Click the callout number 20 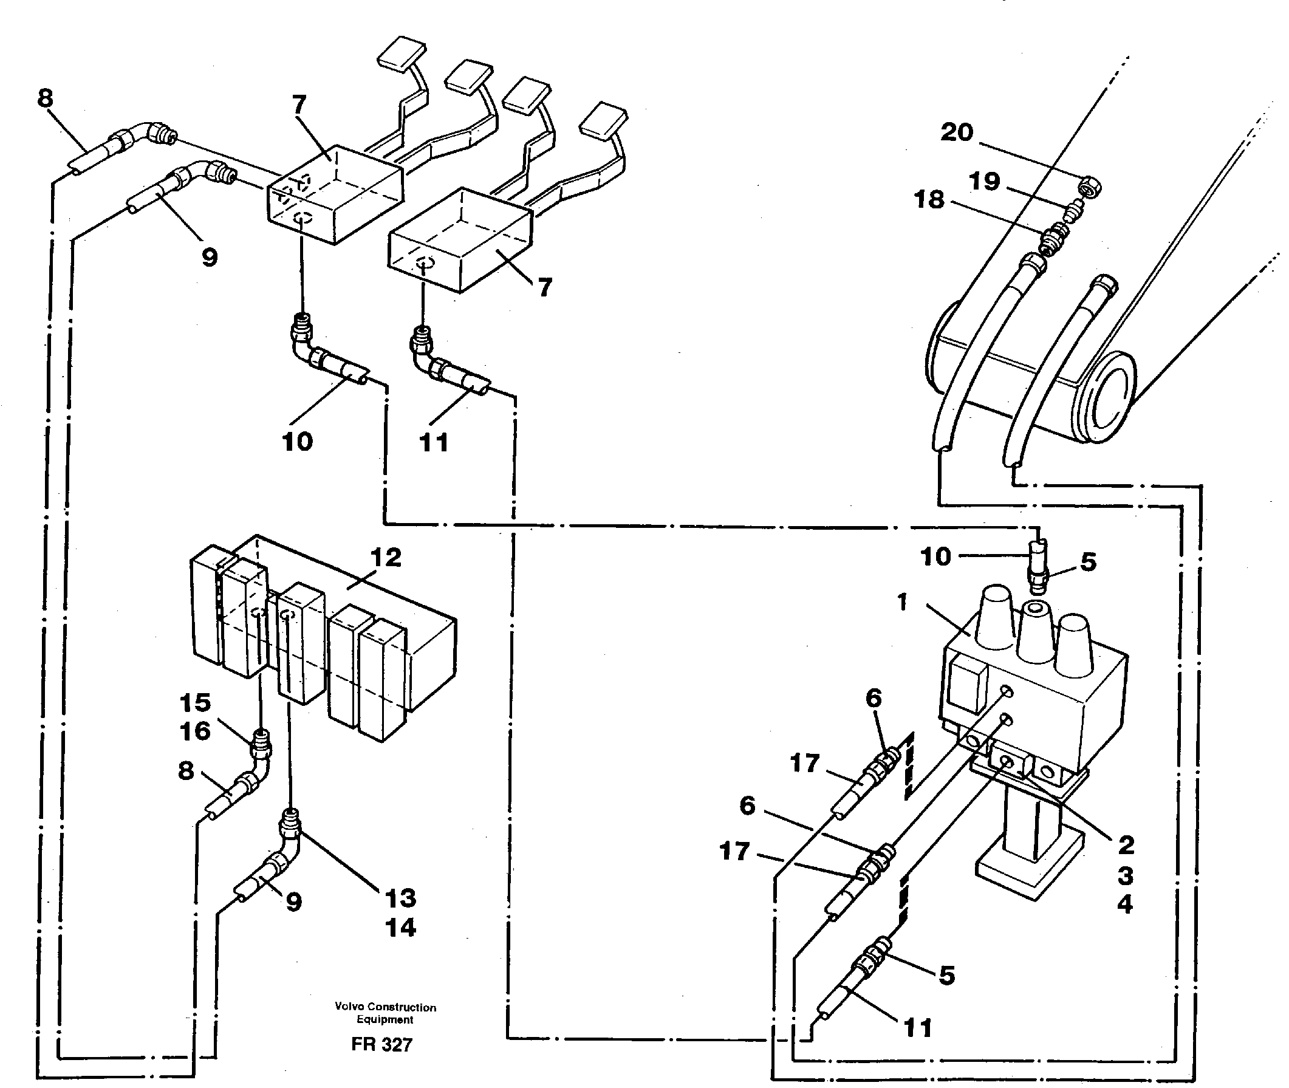click(x=957, y=132)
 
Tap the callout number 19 click(x=984, y=182)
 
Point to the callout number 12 click(x=386, y=558)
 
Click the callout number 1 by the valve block click(x=903, y=602)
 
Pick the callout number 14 click(x=401, y=928)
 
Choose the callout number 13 click(x=401, y=898)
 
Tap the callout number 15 click(x=196, y=702)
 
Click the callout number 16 click(x=196, y=731)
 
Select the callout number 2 click(x=1126, y=845)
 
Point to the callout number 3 click(x=1126, y=875)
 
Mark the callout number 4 click(x=1126, y=904)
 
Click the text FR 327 click(x=381, y=1045)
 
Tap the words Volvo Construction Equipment click(x=386, y=1013)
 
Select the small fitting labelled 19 click(x=1075, y=211)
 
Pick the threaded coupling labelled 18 click(x=1053, y=239)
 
